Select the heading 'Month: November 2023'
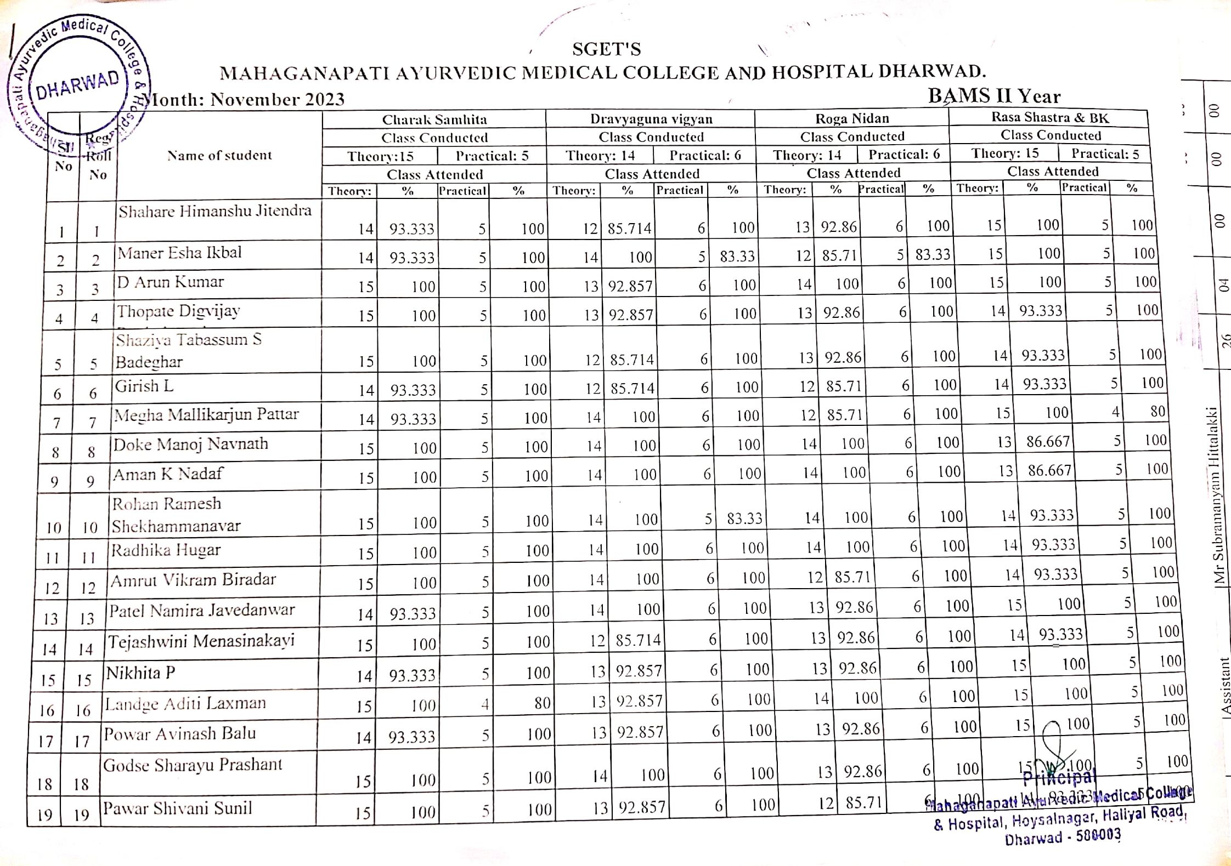tap(245, 99)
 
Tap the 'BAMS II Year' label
tap(994, 96)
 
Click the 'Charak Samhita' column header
tap(434, 119)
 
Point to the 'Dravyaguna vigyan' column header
tap(651, 119)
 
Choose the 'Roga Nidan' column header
tap(852, 118)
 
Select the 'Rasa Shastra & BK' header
tap(1050, 117)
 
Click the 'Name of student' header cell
tap(219, 156)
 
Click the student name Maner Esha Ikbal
tap(179, 253)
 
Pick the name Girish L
tap(144, 386)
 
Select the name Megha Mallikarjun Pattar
tap(206, 415)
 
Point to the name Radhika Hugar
tap(166, 550)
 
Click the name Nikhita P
tap(140, 673)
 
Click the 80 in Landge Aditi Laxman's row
tap(542, 703)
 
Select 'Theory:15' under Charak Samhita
tap(380, 157)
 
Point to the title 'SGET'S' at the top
tap(606, 49)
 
